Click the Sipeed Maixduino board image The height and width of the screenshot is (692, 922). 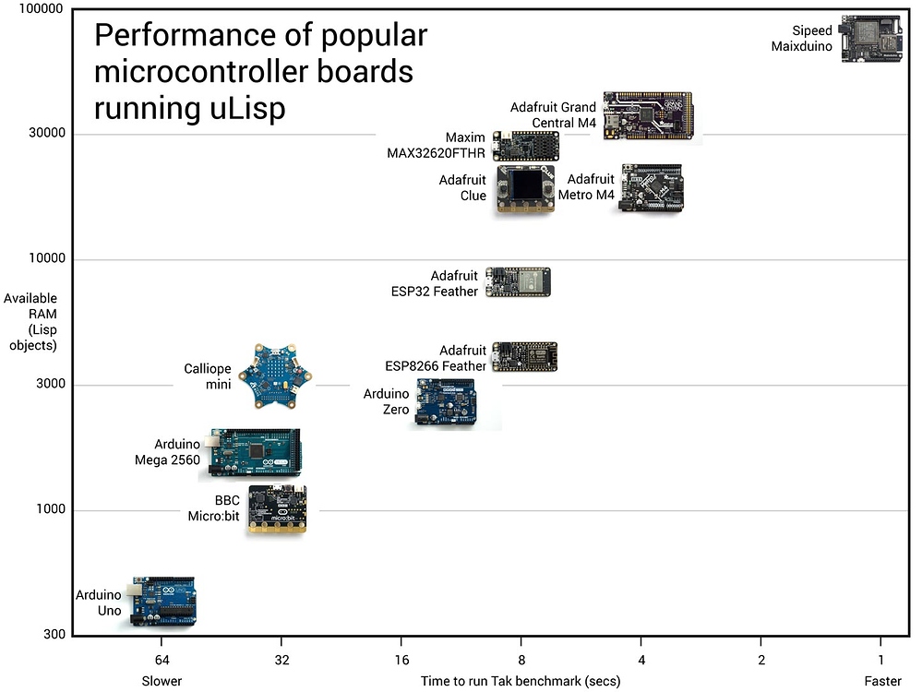tap(871, 39)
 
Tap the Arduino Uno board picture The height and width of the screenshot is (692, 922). tap(162, 602)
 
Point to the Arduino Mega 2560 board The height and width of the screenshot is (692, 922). tap(255, 453)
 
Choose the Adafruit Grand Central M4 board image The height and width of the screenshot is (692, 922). tap(650, 115)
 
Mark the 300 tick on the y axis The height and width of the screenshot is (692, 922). tap(54, 635)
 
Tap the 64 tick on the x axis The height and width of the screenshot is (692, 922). tap(162, 661)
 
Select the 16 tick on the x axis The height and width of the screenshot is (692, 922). tap(401, 661)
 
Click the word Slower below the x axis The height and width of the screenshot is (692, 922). tap(162, 681)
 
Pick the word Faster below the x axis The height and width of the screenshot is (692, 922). tap(882, 681)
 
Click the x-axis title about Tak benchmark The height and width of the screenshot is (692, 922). tap(521, 681)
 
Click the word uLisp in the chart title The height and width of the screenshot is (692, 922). tap(244, 107)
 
